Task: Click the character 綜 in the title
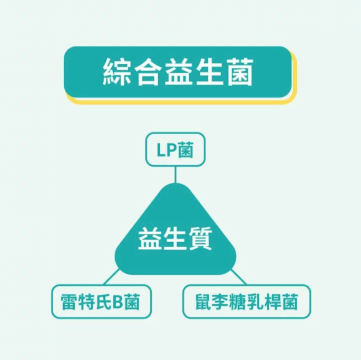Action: click(117, 72)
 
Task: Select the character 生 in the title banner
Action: click(209, 72)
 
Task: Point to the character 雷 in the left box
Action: click(69, 302)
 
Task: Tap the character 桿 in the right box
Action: click(273, 302)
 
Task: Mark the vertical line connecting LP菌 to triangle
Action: click(175, 175)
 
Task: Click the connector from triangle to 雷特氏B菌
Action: click(111, 277)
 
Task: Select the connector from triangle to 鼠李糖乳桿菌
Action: click(239, 277)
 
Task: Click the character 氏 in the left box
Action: click(104, 302)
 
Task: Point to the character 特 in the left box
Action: click(86, 302)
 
